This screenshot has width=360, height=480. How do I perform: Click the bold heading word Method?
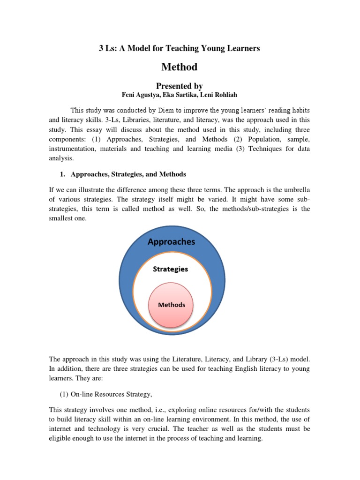[x=180, y=67]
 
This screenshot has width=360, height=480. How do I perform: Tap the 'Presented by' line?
[x=180, y=86]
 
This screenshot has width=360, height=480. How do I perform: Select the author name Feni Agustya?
[x=142, y=95]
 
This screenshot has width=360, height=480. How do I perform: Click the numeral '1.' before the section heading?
[x=62, y=174]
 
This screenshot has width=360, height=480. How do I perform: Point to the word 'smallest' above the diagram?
[x=62, y=218]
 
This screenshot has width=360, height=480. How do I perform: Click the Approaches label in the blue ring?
[x=172, y=242]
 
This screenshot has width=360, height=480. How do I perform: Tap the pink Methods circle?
[x=172, y=305]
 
